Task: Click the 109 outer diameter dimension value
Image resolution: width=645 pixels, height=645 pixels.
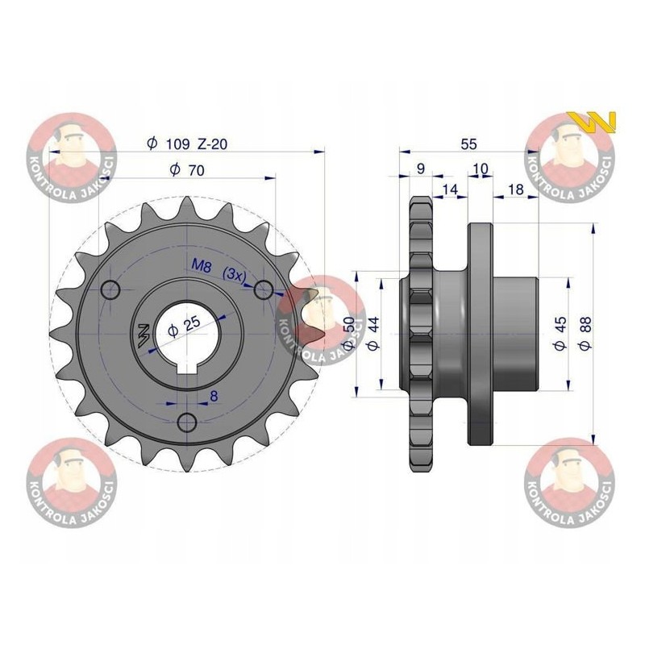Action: [178, 144]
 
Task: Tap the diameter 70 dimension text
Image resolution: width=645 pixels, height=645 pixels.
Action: [189, 169]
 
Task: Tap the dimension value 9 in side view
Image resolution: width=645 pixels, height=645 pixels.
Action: [420, 169]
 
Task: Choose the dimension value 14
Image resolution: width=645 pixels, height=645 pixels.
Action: [449, 189]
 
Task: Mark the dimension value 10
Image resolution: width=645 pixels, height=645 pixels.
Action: [481, 169]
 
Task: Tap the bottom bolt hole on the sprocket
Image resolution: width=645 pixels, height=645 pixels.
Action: [187, 422]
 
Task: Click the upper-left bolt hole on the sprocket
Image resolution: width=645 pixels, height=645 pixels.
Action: [111, 289]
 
